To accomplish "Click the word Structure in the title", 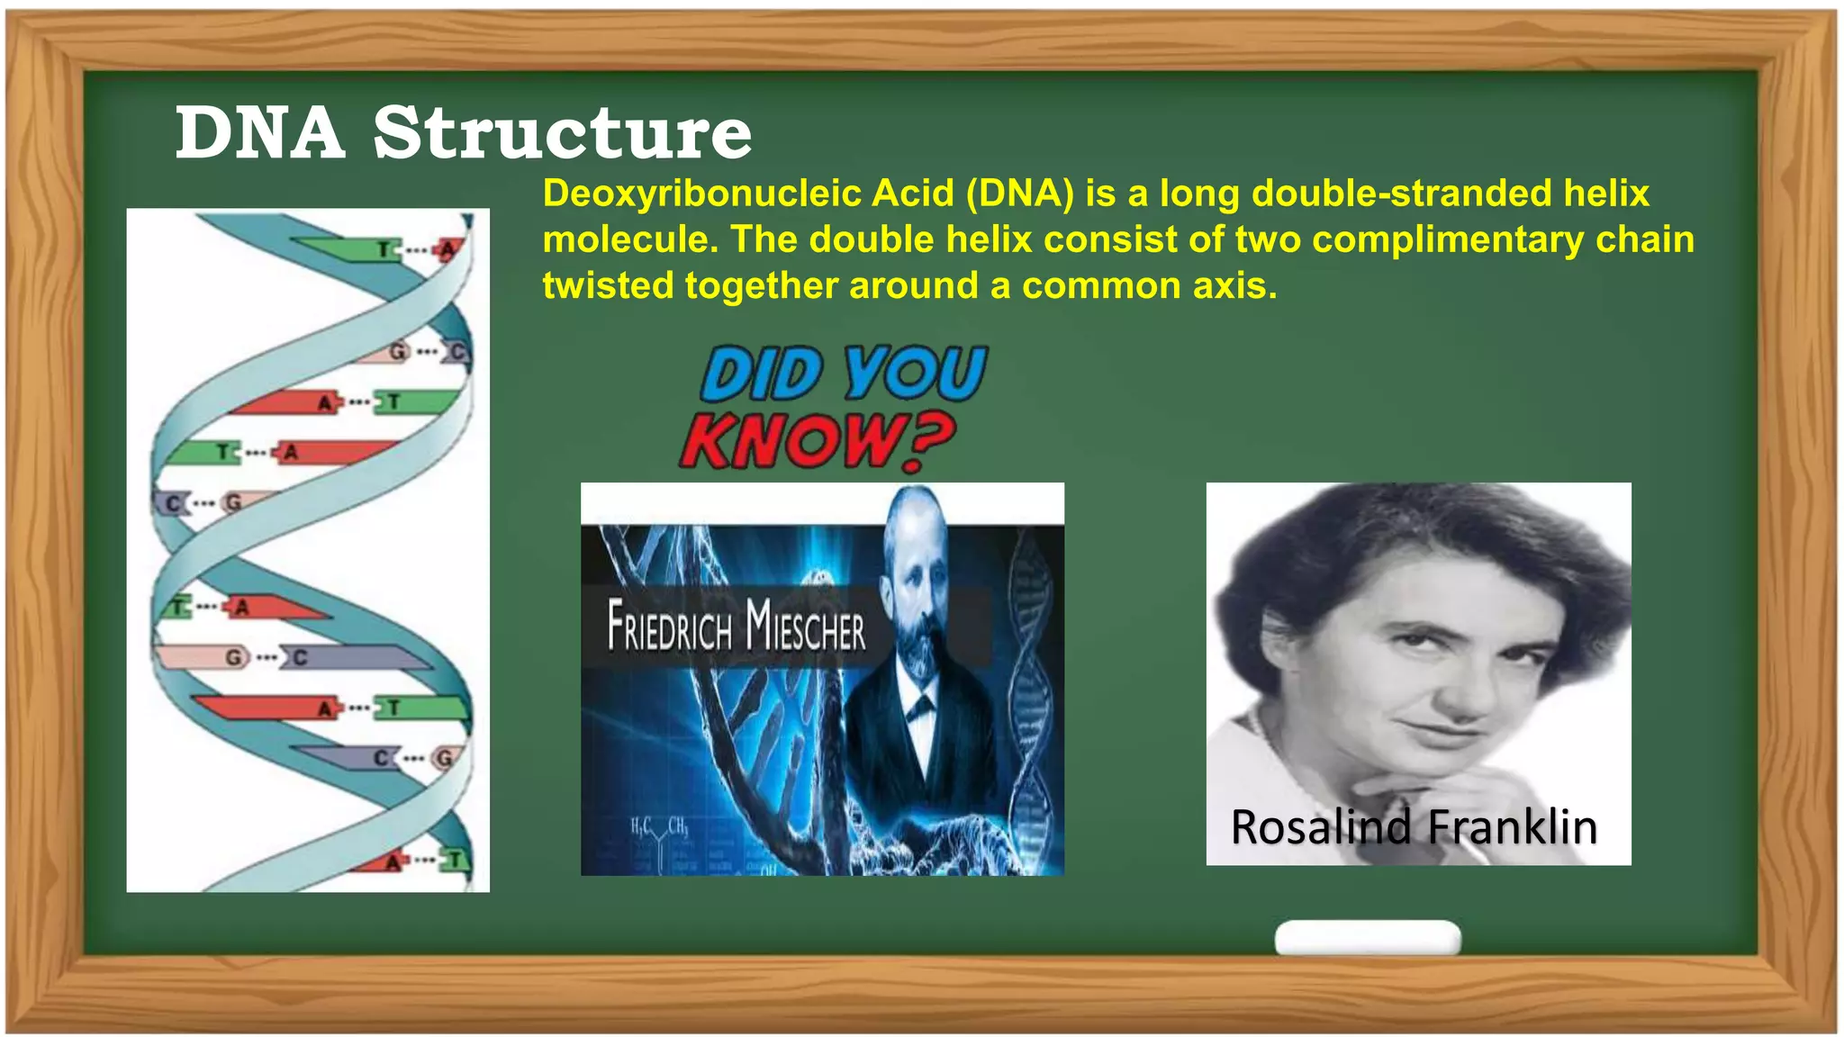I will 562,133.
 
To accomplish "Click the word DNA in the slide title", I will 259,133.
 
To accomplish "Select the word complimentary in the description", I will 1450,240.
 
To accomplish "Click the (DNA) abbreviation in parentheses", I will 1019,194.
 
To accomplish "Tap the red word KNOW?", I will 816,441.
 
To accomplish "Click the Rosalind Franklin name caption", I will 1414,827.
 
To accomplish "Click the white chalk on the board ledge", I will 1367,937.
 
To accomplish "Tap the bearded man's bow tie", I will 919,708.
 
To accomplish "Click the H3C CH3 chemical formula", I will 659,825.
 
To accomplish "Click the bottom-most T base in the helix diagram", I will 456,860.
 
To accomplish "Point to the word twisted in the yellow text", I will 608,286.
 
